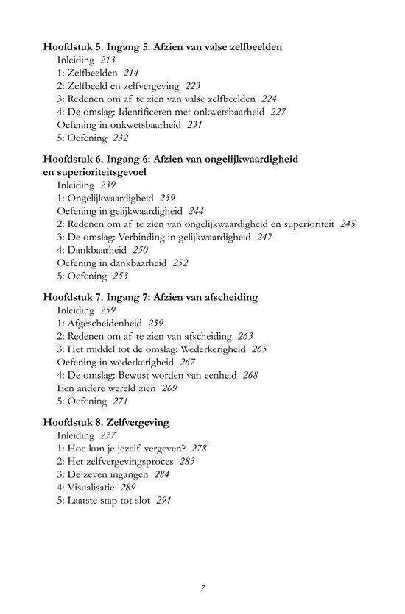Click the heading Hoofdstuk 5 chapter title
pyautogui.click(x=163, y=47)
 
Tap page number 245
pyautogui.click(x=348, y=224)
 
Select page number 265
pyautogui.click(x=258, y=349)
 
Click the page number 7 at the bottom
pyautogui.click(x=202, y=588)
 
